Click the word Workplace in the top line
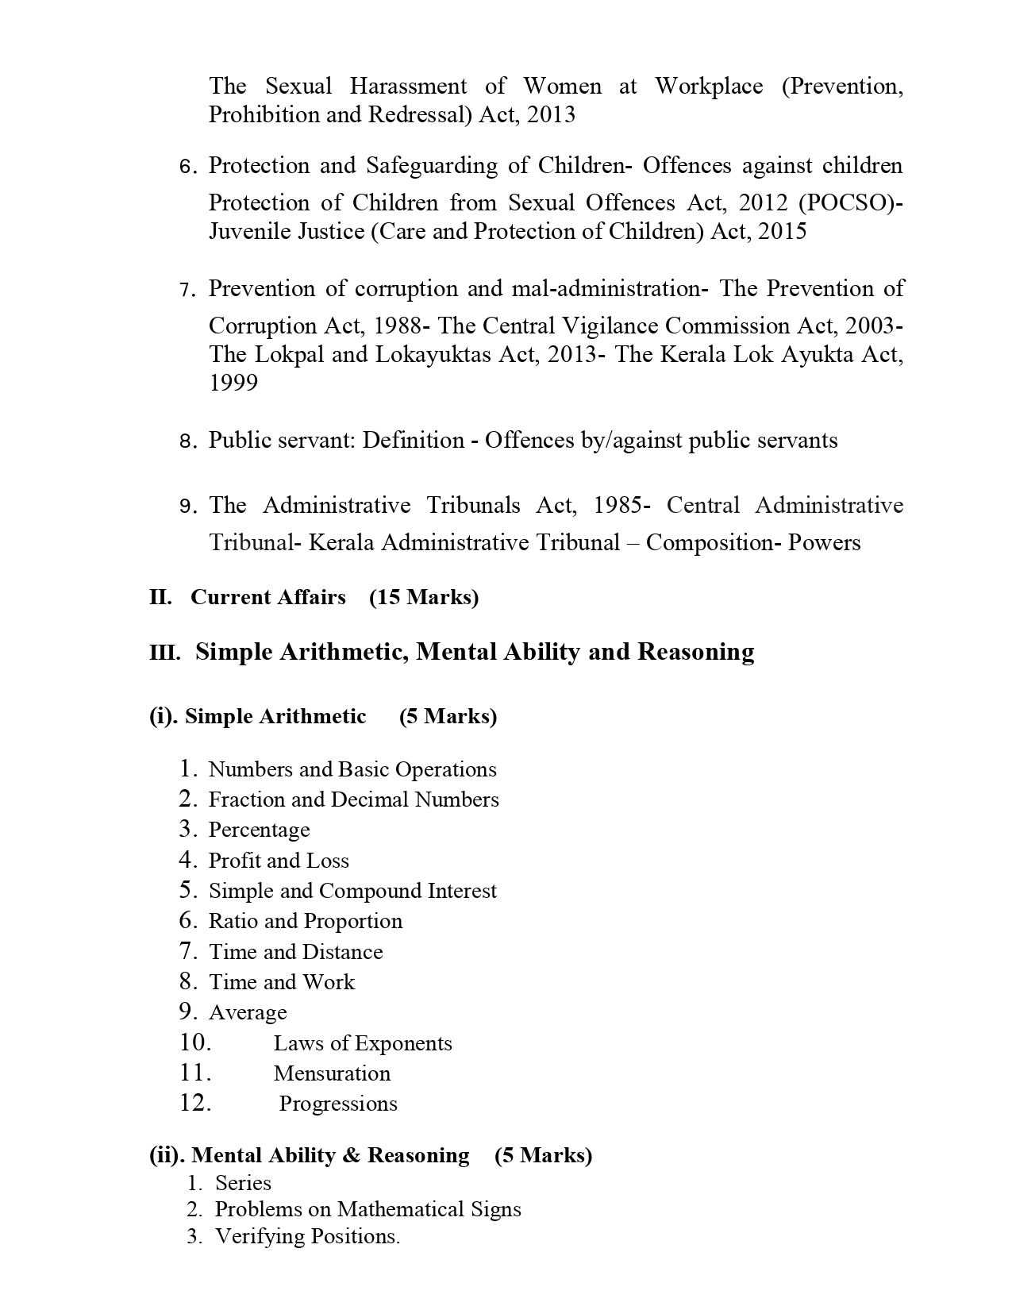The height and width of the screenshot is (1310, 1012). coord(708,86)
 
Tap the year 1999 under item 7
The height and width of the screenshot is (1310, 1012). coord(233,383)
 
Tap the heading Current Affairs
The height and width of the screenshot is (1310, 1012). coord(268,597)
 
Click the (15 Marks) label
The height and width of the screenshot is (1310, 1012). coord(424,597)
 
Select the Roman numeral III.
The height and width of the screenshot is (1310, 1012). coord(164,653)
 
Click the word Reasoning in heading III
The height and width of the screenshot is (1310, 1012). coord(695,652)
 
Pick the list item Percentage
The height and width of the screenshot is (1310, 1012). coord(259,830)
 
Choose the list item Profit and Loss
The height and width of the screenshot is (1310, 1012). coord(279,861)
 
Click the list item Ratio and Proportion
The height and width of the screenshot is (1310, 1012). coord(306,921)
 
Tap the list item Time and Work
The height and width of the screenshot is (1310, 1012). coord(282,982)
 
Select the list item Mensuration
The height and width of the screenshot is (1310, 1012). coord(332,1073)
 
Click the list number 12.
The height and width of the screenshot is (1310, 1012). coord(194,1103)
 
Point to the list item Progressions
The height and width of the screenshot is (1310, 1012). coord(338,1104)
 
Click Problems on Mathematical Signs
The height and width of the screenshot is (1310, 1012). coord(368,1209)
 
